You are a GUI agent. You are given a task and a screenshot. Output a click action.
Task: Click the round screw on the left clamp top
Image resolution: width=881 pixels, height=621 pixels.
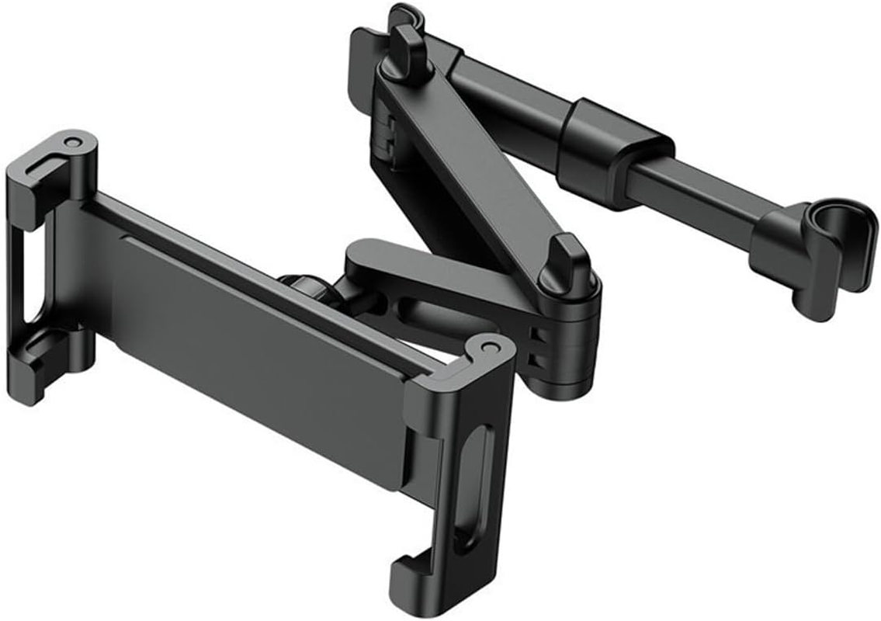tap(72, 143)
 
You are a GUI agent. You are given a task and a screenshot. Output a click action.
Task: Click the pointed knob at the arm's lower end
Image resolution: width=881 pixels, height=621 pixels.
tap(570, 268)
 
